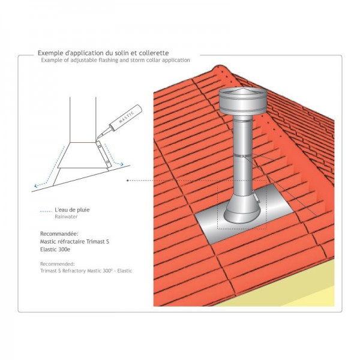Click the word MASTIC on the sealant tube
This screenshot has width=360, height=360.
coord(127,117)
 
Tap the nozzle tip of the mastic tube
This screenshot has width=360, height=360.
coord(97,139)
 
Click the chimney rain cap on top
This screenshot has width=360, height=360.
coord(243,101)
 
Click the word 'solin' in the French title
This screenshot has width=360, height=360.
coord(119,53)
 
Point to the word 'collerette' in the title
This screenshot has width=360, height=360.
coord(154,53)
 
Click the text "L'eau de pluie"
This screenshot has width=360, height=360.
coord(72,209)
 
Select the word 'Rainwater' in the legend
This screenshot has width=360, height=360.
coord(66,217)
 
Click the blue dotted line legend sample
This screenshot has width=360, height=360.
coord(46,211)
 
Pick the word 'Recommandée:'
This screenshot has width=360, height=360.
coord(59,234)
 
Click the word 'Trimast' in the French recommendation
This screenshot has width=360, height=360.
coord(95,242)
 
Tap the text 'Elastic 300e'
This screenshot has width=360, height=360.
coord(55,250)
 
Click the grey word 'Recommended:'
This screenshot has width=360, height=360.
coord(58,264)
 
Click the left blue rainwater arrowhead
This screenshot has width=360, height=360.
coord(36,186)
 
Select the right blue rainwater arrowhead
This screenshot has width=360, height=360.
coord(121,164)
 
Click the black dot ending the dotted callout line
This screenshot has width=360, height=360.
coord(127,181)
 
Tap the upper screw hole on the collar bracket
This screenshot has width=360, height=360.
coord(100,146)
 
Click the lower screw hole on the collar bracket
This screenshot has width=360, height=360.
coord(107,162)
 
